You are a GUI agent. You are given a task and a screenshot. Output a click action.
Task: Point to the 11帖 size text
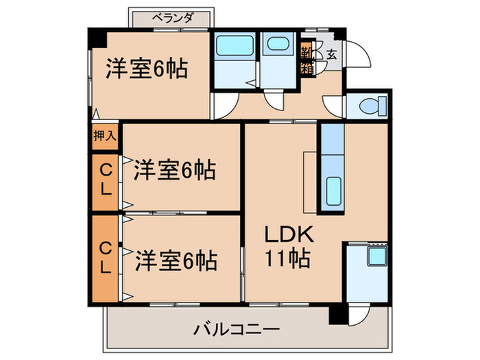[289, 259]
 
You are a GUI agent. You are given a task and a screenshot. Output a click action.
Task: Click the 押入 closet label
[105, 136]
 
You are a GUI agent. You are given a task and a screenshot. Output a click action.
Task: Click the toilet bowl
[371, 107]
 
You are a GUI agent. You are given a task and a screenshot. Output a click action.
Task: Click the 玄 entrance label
[331, 54]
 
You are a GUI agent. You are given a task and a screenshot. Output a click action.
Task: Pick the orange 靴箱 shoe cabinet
[307, 60]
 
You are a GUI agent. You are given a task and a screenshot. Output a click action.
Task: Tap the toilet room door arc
[336, 106]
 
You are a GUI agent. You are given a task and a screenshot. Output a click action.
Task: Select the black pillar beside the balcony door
[337, 314]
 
